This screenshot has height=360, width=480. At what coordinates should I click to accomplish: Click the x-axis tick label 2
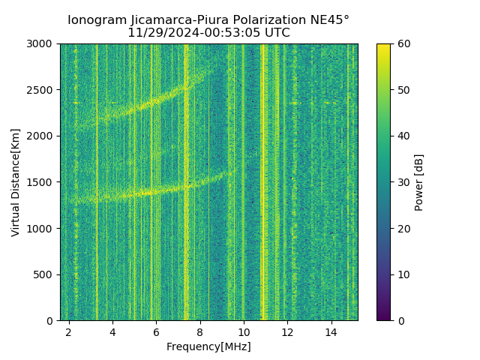coord(69,331)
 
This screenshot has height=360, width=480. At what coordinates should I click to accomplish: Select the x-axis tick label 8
coord(199,331)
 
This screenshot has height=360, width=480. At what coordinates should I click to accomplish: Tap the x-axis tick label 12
coord(287,331)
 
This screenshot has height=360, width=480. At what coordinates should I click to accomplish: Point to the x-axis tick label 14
coord(331,331)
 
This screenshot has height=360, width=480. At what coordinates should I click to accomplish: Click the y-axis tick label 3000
coord(42,44)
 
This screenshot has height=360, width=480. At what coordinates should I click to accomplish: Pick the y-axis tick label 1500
coord(42,182)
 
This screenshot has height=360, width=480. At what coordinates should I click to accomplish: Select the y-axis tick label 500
coord(45,274)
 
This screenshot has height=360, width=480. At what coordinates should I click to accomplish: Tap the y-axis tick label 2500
coord(42,90)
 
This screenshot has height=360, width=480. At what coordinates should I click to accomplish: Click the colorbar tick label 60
coord(402,44)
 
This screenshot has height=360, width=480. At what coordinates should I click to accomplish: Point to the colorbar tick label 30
coord(402,182)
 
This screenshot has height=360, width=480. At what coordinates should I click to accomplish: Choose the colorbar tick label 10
coord(402,274)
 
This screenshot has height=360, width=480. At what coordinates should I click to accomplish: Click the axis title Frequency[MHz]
coord(208,346)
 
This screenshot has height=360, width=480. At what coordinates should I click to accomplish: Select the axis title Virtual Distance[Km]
coord(16,182)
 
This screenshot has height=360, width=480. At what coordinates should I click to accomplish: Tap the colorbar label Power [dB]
coord(419,182)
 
